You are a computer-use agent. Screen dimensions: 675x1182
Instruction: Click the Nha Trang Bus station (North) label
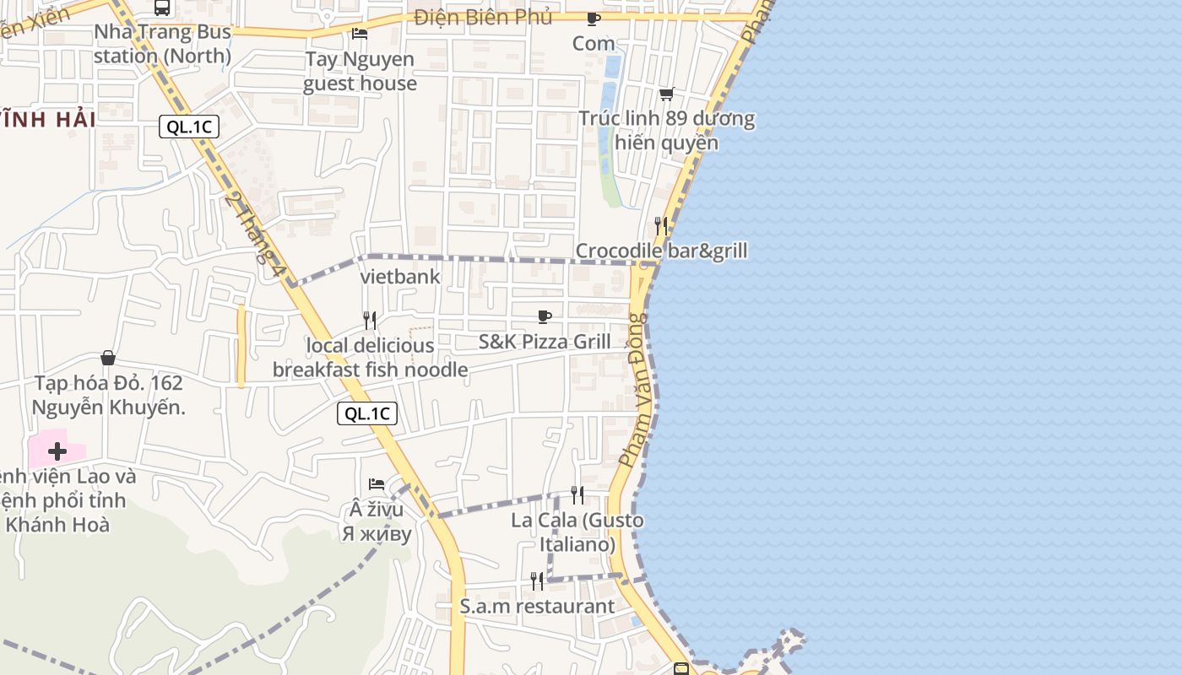[x=162, y=44]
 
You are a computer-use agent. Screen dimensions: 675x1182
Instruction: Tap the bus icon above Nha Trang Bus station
[x=162, y=8]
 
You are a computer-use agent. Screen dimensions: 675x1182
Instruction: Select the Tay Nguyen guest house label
[x=360, y=71]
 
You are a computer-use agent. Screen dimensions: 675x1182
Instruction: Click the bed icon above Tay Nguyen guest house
[x=360, y=34]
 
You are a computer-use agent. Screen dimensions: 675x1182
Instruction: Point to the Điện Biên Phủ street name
[x=483, y=17]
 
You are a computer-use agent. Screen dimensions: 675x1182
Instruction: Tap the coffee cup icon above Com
[x=594, y=19]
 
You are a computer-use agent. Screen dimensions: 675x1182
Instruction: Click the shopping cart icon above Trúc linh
[x=667, y=94]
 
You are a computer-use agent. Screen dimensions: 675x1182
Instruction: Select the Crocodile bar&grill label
[x=661, y=251]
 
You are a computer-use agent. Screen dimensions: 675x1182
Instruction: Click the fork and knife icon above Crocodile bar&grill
[x=661, y=225]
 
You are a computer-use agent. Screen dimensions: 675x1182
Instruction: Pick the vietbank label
[x=400, y=276]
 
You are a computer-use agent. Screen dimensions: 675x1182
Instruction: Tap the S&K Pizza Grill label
[x=545, y=342]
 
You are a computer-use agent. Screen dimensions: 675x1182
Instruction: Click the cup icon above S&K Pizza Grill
[x=545, y=316]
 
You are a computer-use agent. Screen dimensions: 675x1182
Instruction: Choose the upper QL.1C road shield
[x=189, y=127]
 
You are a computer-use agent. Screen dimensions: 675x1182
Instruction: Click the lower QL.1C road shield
[x=367, y=413]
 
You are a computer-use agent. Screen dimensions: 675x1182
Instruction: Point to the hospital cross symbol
[x=57, y=451]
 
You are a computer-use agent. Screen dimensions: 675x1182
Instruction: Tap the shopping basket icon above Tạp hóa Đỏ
[x=108, y=358]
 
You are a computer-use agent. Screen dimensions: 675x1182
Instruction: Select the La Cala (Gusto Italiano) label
[x=577, y=532]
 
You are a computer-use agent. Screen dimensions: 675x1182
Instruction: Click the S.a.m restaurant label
[x=537, y=606]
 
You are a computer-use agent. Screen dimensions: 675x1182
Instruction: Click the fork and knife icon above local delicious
[x=370, y=320]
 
